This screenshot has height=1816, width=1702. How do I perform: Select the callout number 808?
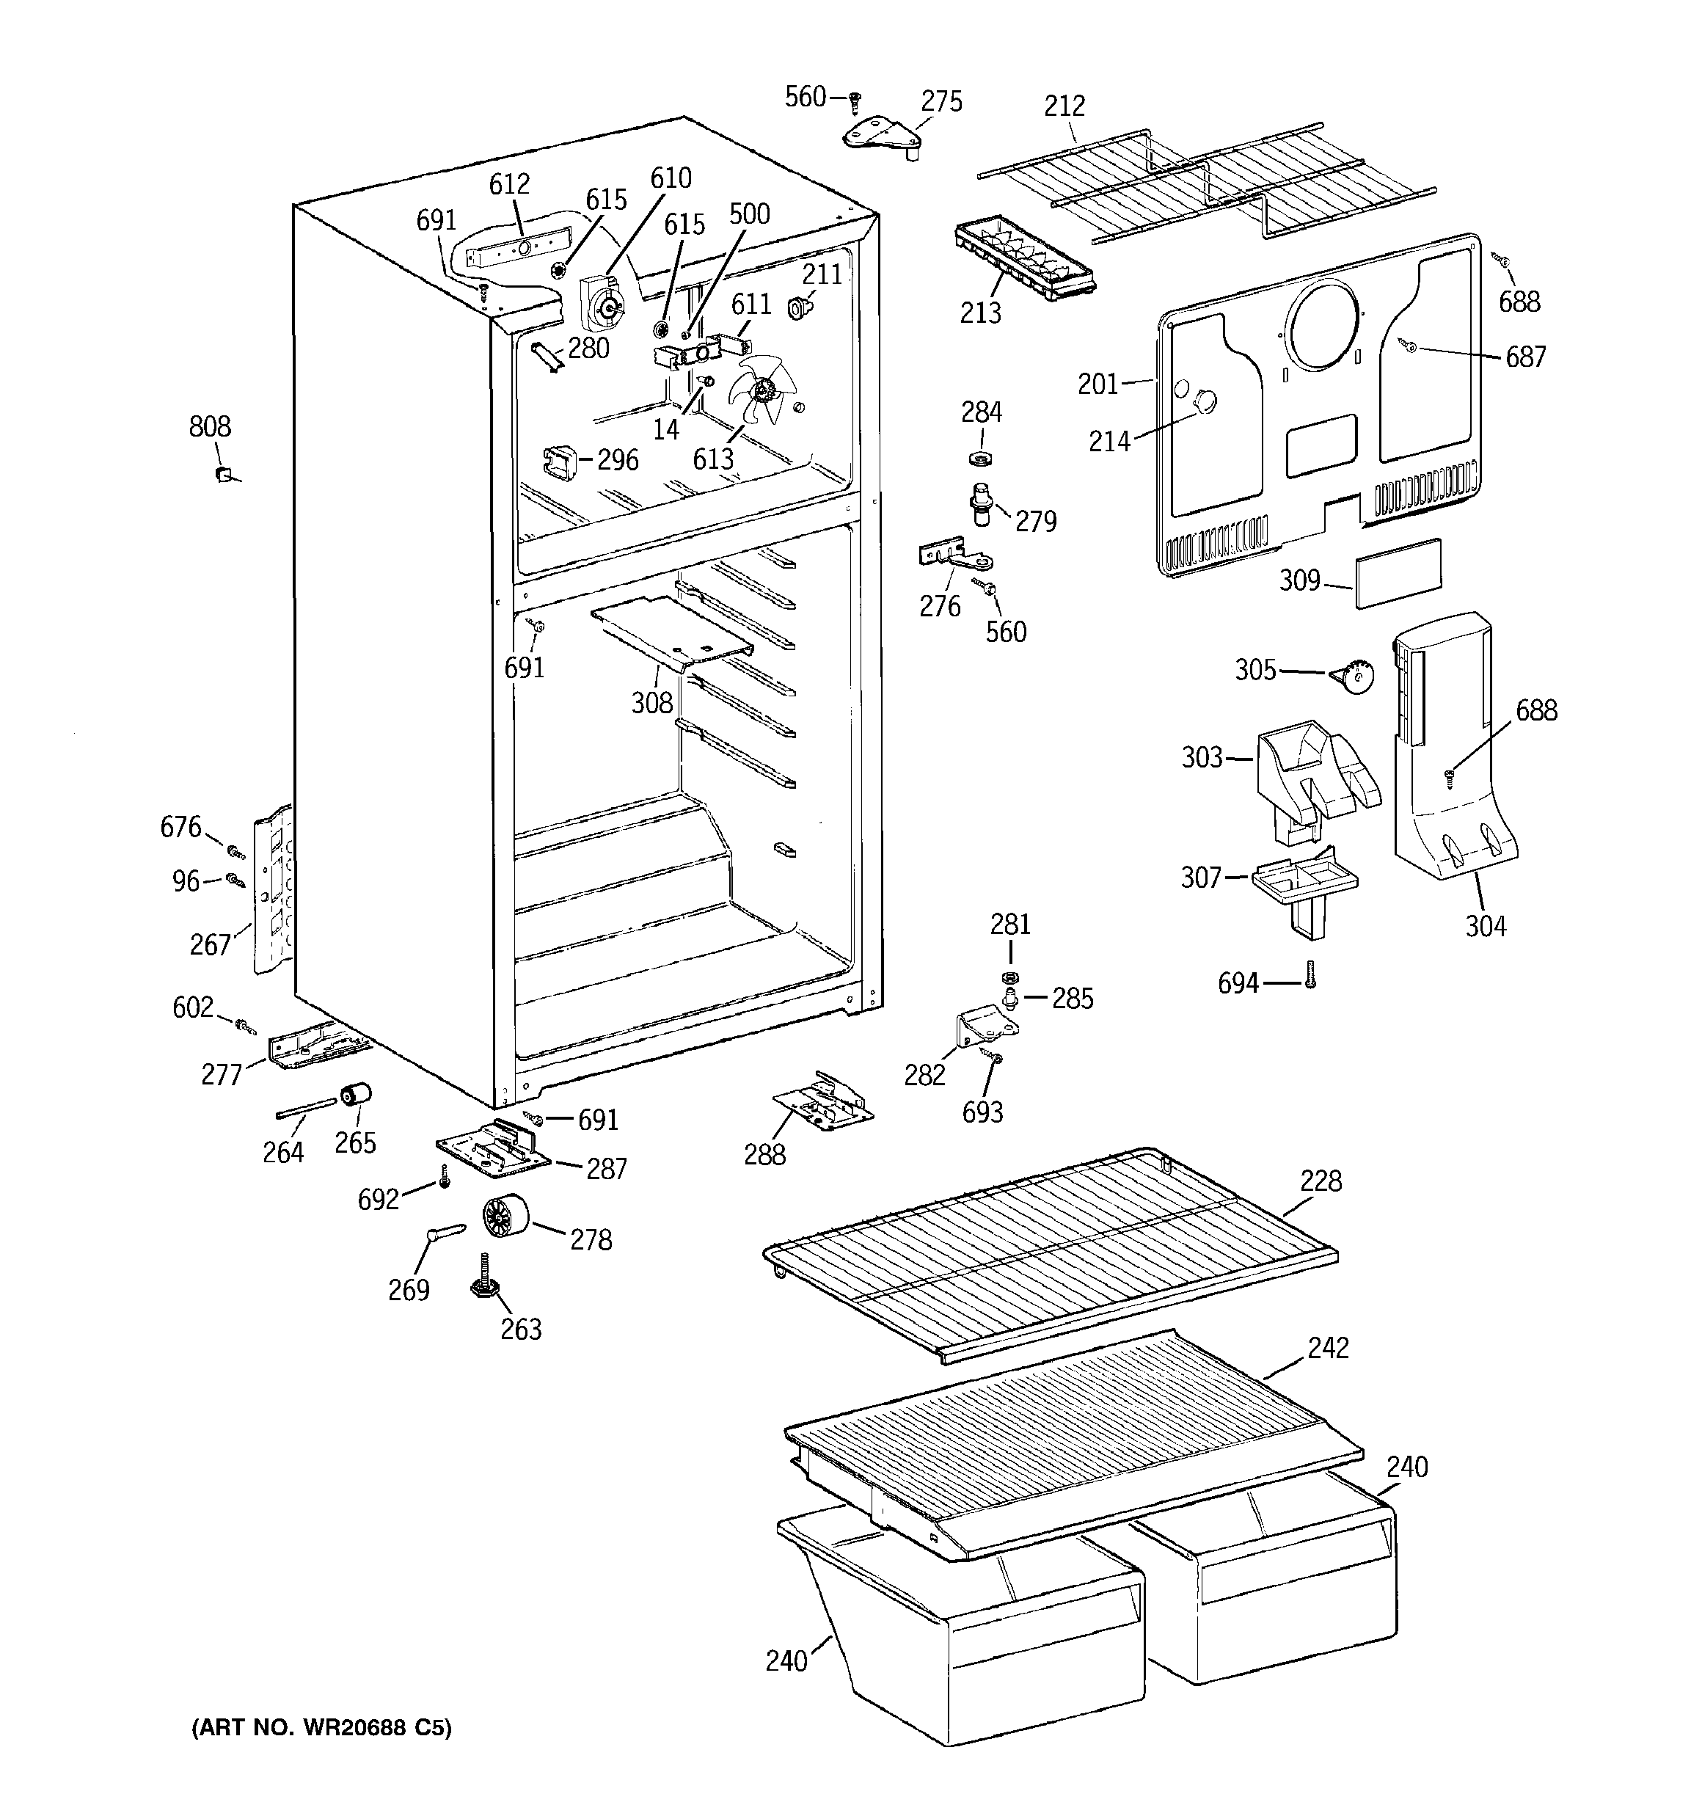[x=209, y=426]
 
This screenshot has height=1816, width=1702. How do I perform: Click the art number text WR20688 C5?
[x=321, y=1728]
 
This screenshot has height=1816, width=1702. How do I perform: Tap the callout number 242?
[x=1327, y=1349]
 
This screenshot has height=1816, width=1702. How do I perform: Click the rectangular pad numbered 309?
[x=1398, y=573]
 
